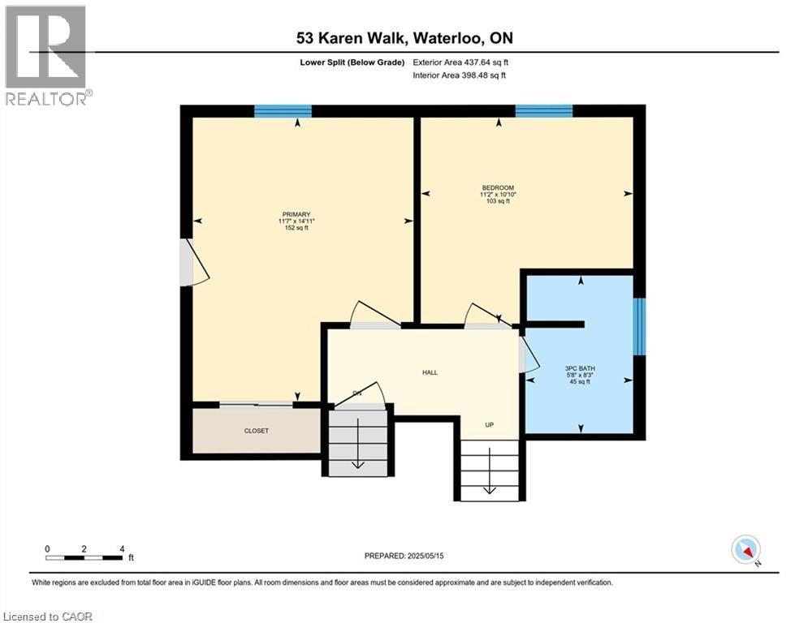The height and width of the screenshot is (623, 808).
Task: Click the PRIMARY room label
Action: click(x=296, y=214)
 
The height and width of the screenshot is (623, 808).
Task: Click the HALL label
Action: click(x=430, y=372)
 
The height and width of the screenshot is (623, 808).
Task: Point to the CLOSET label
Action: click(x=256, y=431)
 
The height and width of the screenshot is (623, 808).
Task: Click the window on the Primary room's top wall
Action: click(x=283, y=112)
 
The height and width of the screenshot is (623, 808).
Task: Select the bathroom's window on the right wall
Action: click(x=640, y=326)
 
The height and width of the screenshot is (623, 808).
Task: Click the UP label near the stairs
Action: click(x=490, y=425)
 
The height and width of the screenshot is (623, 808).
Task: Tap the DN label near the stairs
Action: click(x=356, y=394)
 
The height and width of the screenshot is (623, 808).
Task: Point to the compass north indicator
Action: click(x=746, y=550)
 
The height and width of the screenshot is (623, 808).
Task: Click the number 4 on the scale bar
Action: click(x=122, y=549)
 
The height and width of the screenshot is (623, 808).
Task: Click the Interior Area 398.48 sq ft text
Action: click(x=459, y=75)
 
